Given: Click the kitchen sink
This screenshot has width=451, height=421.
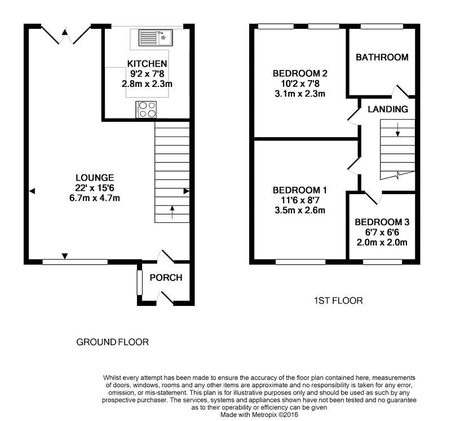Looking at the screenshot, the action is [x=156, y=37].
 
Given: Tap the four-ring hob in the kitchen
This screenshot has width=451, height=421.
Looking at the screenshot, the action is [x=146, y=109].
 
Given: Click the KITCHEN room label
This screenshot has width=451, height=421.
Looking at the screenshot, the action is [x=147, y=63].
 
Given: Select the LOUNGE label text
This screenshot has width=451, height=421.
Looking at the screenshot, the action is [x=95, y=177].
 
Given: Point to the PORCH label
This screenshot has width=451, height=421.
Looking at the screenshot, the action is [x=166, y=278].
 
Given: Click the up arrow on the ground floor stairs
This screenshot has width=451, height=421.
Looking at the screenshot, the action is [x=172, y=212].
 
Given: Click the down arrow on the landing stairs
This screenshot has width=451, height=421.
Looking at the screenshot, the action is [x=398, y=129].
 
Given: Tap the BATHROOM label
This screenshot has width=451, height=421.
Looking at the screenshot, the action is [x=382, y=58].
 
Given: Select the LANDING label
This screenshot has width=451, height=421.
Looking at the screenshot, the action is [x=388, y=109].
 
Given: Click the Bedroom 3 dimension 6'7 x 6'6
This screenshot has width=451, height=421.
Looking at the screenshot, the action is [x=382, y=232].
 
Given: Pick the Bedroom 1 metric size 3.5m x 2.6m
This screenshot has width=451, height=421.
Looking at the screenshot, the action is [x=300, y=210].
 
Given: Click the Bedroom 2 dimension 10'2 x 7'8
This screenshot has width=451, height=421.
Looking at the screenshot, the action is [x=300, y=84].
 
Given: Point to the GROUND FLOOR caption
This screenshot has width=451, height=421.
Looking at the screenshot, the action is [x=112, y=342].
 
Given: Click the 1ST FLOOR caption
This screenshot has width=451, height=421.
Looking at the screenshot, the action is [x=338, y=301].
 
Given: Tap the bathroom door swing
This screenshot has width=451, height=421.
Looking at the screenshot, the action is [x=400, y=91].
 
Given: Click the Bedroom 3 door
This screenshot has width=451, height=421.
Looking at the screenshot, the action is [x=373, y=198].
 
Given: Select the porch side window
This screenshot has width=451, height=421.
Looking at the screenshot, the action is [x=139, y=283].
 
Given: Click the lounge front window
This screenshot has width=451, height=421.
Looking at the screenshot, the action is [x=75, y=262].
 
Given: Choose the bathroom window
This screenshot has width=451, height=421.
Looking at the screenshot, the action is [x=382, y=27].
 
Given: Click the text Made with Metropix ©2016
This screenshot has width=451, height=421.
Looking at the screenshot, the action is [x=259, y=415].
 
